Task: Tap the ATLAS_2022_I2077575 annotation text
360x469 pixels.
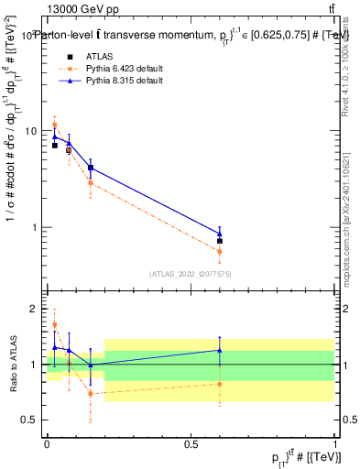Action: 191,274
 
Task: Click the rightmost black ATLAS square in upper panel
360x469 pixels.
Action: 219,241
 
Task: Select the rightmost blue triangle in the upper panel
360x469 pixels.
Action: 219,233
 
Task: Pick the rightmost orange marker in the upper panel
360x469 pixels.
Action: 219,251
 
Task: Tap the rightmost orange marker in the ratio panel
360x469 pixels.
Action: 219,384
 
